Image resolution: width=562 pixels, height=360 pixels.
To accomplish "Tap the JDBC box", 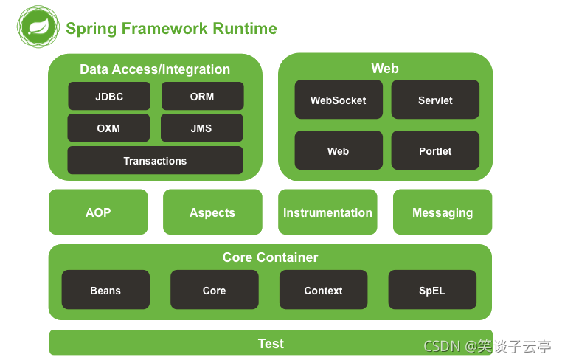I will point(109,96).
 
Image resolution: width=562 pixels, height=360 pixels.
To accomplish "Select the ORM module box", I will point(202,96).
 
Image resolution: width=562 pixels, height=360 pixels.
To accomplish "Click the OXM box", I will point(108,128).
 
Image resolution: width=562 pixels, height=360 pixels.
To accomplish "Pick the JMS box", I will point(201,128).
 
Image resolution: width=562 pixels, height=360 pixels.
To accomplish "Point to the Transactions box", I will point(155,160).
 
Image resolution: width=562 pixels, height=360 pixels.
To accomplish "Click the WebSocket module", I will point(339,100).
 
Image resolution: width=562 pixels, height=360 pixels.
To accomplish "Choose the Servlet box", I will point(435,100).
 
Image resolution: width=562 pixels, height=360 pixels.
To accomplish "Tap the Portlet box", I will point(435,150).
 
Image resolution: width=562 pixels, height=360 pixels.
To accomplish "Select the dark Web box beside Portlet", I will point(339,150).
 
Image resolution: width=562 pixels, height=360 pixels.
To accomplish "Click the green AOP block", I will point(98,212).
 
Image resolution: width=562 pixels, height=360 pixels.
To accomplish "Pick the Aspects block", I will point(212,212).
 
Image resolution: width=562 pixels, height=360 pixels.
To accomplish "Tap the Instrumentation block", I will point(327,212).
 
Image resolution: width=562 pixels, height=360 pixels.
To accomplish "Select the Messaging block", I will point(443,212).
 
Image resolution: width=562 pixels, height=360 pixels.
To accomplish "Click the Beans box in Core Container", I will point(105,290).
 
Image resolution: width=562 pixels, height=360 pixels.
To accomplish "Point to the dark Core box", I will point(215,290).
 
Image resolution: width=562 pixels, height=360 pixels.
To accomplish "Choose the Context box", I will point(323,290).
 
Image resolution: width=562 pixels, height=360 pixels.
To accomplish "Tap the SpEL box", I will point(432,290).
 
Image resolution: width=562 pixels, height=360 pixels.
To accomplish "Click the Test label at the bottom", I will point(271,343).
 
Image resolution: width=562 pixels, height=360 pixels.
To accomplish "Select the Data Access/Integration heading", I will point(155,69).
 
